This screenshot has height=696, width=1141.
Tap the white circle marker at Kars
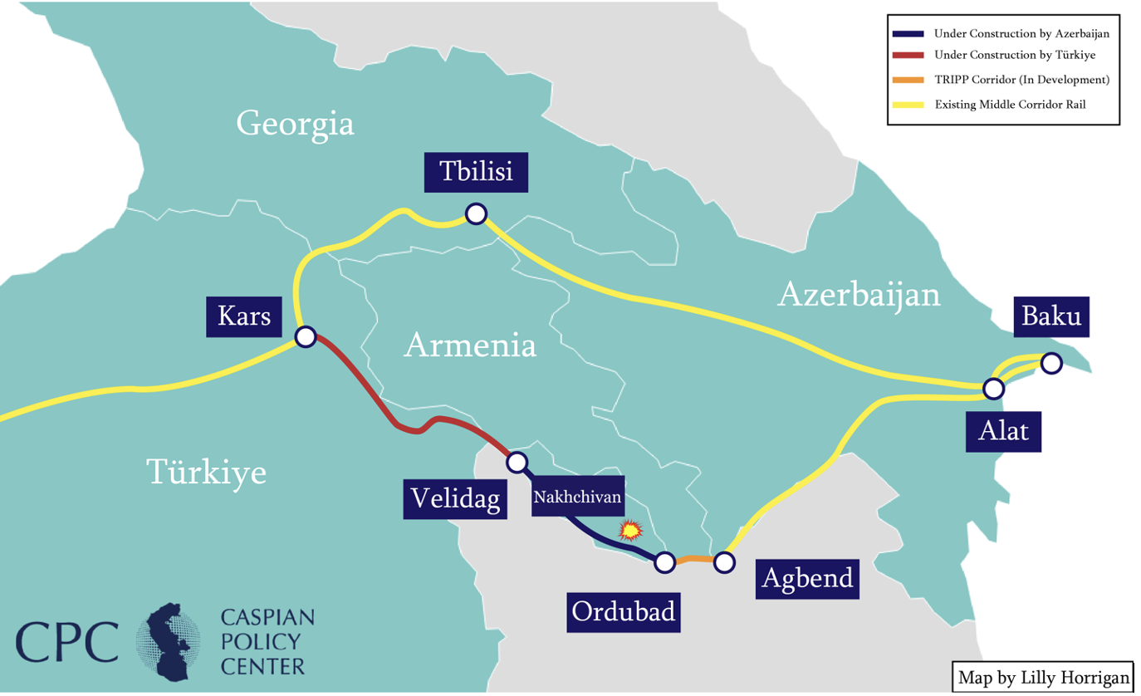point(305,336)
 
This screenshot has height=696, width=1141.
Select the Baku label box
point(1051,316)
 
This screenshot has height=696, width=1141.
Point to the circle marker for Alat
point(992,388)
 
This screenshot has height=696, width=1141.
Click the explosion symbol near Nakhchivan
point(632,529)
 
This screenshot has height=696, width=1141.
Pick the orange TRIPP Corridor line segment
point(694,560)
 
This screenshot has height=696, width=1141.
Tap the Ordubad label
point(624,612)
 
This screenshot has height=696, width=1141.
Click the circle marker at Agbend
point(724,562)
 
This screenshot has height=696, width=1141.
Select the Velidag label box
point(456,498)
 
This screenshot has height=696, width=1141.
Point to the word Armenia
point(469,345)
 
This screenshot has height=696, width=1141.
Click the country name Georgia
point(295,124)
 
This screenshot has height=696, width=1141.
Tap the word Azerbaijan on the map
point(859,295)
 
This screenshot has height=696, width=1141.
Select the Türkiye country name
point(207,472)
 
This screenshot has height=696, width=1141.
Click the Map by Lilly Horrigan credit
point(1043,676)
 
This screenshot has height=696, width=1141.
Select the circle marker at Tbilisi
point(475,213)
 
